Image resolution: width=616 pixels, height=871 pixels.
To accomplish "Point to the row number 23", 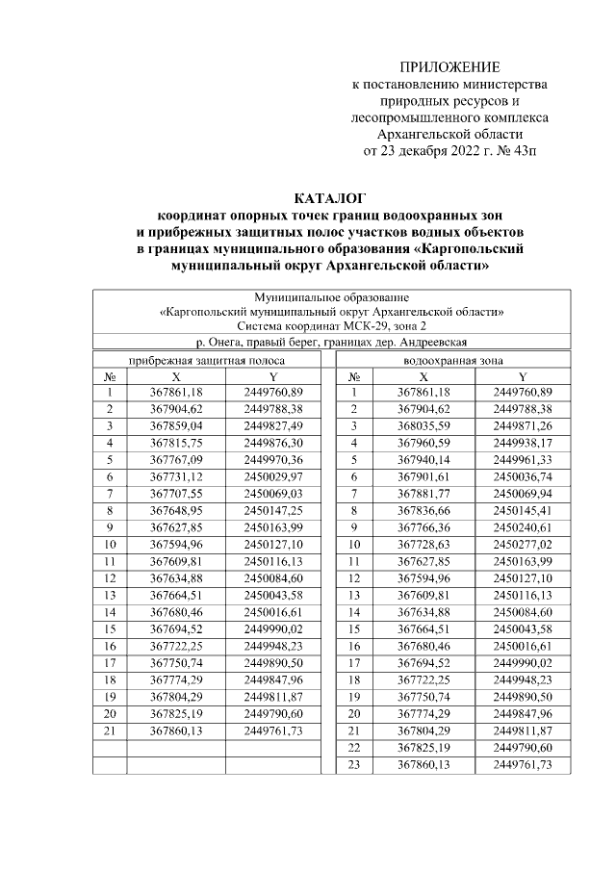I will click(354, 764).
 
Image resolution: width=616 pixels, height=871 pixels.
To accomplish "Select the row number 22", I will click(354, 748).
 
